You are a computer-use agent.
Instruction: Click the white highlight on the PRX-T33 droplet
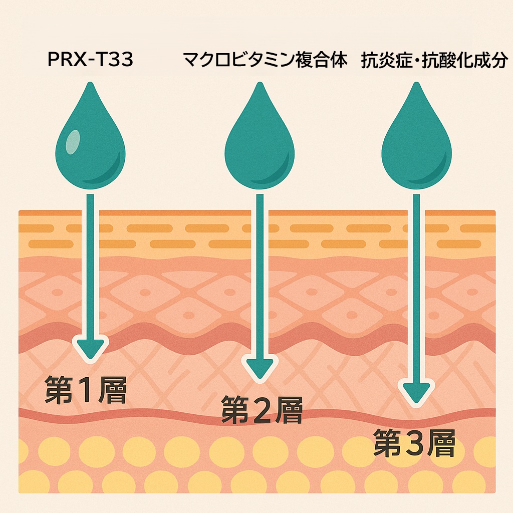click(x=73, y=141)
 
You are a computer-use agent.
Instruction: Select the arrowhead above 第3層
click(x=416, y=393)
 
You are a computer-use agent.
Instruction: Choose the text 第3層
click(x=414, y=442)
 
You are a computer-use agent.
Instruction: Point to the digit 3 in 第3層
click(x=415, y=443)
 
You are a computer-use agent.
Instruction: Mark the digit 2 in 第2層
click(x=262, y=411)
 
